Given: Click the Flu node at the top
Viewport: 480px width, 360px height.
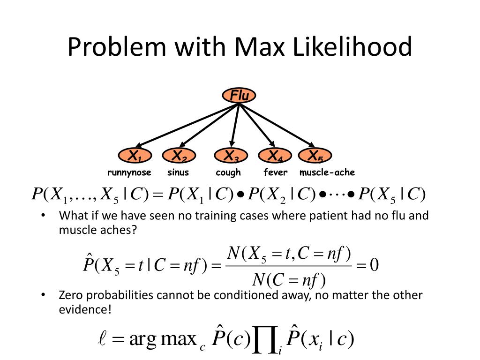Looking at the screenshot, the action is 239,96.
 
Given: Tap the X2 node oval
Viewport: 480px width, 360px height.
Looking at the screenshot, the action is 179,156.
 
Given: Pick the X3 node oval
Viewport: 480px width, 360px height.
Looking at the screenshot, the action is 231,156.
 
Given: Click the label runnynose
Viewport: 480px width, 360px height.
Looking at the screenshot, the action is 129,172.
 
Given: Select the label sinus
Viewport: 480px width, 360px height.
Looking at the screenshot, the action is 178,172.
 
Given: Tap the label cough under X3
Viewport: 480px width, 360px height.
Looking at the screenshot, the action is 228,172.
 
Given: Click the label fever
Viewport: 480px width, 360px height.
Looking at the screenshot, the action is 275,172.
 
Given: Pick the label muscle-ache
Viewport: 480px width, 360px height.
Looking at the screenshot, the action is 327,172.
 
